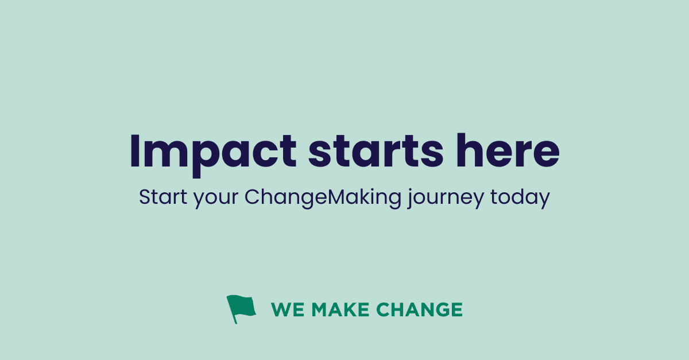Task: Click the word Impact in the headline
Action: pyautogui.click(x=212, y=151)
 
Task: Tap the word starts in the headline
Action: pyautogui.click(x=376, y=151)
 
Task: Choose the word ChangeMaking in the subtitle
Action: pyautogui.click(x=323, y=198)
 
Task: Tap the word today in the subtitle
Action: pyautogui.click(x=520, y=198)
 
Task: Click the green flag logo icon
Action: pyautogui.click(x=241, y=308)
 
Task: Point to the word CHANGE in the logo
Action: pyautogui.click(x=420, y=309)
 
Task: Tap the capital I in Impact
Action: pyautogui.click(x=135, y=151)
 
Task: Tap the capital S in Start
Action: pyautogui.click(x=145, y=197)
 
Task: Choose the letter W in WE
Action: pyautogui.click(x=279, y=309)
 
